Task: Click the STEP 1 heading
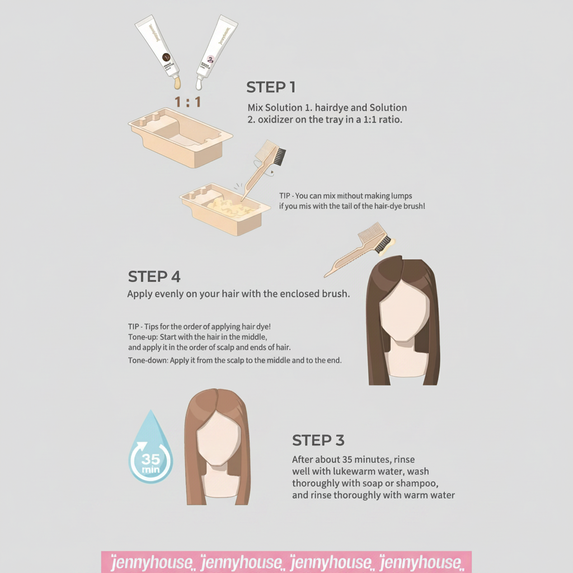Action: coord(271,87)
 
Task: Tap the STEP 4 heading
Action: coord(154,276)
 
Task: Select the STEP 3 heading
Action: coord(318,440)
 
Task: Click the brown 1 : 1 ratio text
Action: coord(188,102)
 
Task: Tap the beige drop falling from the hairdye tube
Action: coord(177,83)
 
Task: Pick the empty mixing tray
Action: coord(180,138)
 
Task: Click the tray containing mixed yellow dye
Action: coord(225,209)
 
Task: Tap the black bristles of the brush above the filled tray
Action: coord(280,157)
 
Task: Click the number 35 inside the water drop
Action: coord(151,459)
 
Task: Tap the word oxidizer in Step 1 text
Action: coord(275,120)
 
